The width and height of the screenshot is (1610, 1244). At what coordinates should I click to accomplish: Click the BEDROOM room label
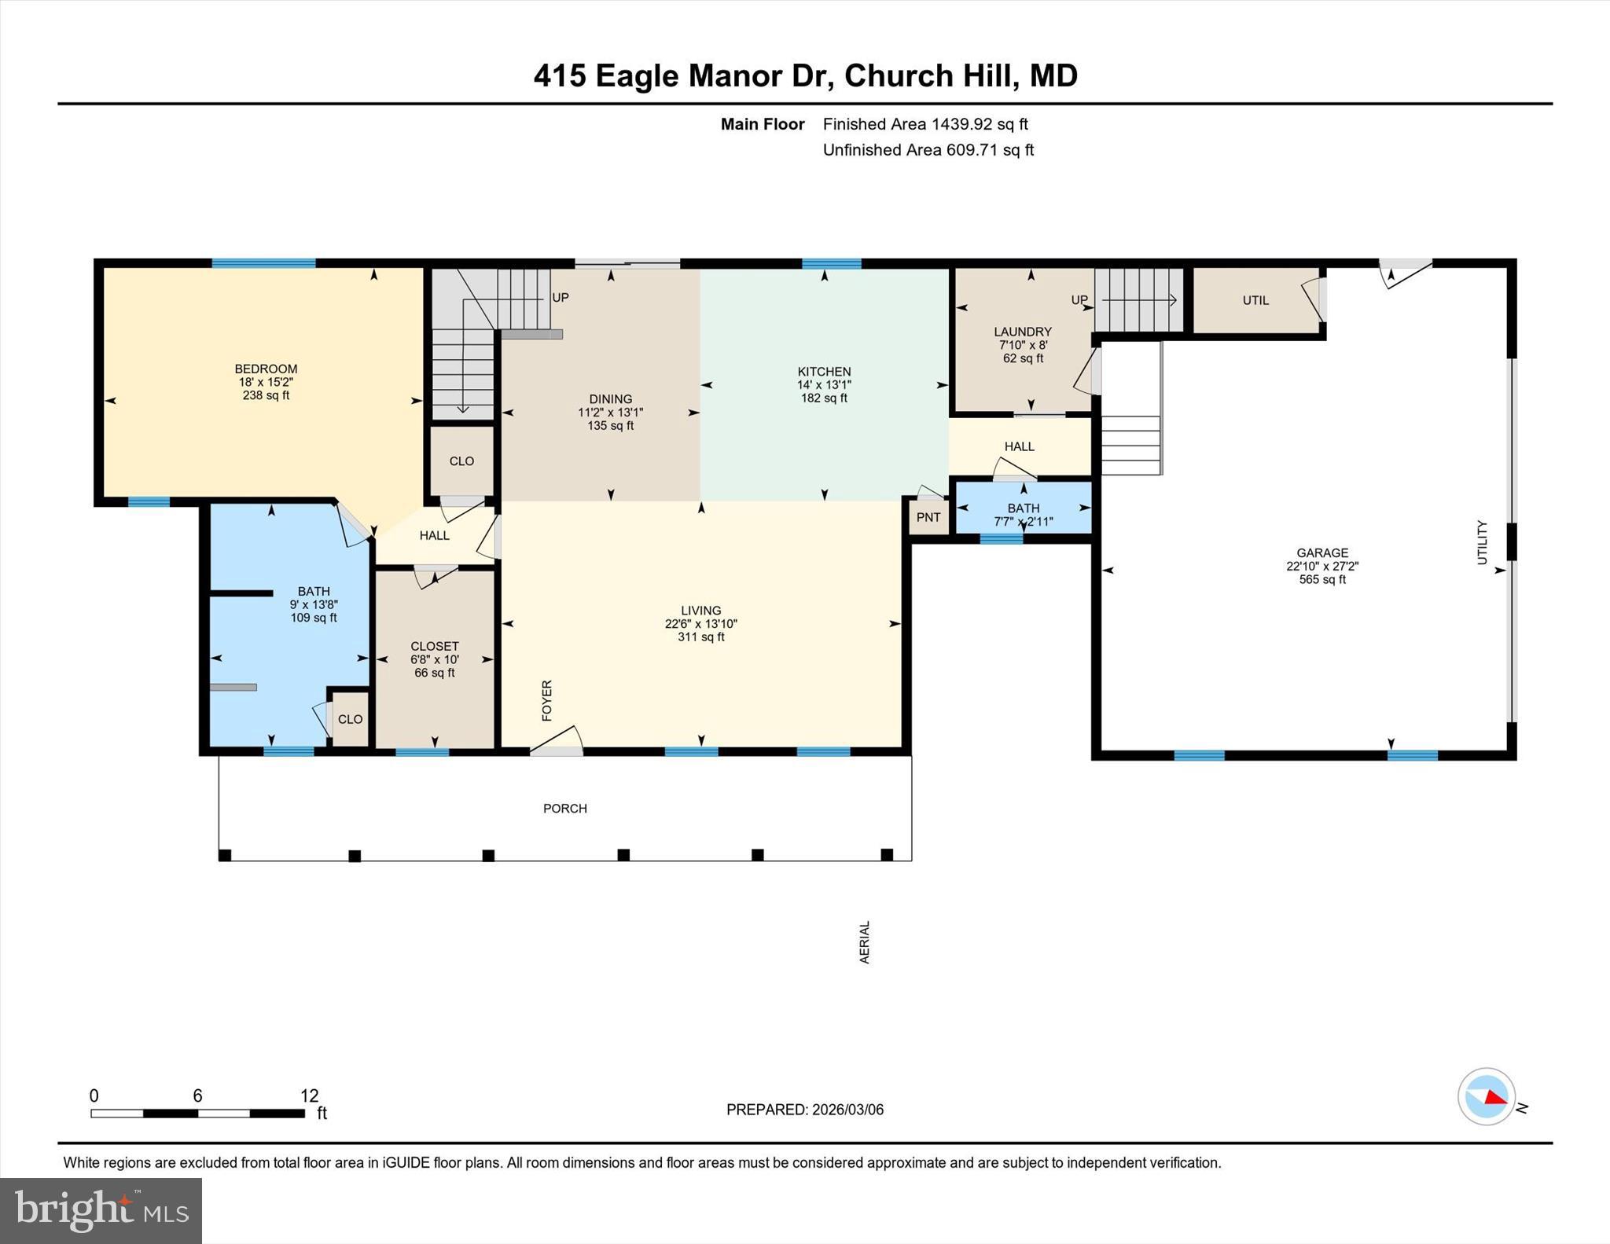click(266, 369)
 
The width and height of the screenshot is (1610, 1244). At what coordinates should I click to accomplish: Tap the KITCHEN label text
click(824, 372)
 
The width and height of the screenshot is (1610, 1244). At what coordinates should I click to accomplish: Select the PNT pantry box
click(928, 517)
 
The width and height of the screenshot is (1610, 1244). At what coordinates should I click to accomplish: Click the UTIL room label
click(1255, 300)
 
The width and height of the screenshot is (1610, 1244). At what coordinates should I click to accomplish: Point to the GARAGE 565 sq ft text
click(1322, 580)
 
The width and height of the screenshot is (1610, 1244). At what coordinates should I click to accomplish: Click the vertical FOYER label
click(547, 700)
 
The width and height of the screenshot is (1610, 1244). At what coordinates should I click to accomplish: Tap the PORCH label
click(565, 809)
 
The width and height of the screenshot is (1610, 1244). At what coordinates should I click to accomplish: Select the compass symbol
click(1486, 1096)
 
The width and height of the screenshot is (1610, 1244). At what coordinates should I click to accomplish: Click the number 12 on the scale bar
click(309, 1095)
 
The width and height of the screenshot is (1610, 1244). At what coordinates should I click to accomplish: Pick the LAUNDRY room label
click(1022, 332)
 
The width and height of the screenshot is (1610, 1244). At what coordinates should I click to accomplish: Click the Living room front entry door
click(557, 743)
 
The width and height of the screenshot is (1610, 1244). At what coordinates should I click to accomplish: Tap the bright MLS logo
click(101, 1210)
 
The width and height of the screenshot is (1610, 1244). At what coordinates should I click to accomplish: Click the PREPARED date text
click(804, 1110)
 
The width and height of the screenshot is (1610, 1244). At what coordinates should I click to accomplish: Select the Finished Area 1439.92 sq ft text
click(924, 124)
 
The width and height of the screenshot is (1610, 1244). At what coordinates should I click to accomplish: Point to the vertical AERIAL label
click(865, 942)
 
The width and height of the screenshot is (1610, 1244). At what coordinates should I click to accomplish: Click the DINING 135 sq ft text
click(610, 426)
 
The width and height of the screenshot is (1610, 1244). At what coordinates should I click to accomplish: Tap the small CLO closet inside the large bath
click(350, 719)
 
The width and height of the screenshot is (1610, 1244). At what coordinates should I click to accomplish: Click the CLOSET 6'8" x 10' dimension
click(434, 660)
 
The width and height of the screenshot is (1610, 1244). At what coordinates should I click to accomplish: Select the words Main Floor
click(762, 124)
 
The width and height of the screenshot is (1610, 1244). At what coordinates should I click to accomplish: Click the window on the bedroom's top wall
click(263, 263)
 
